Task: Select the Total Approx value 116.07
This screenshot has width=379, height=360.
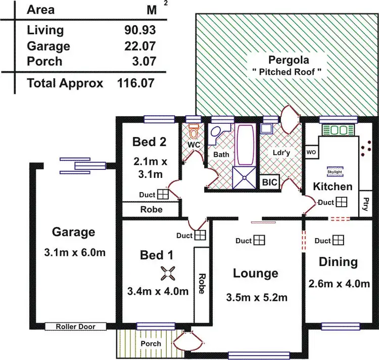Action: [x=135, y=83]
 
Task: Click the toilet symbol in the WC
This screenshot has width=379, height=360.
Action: [x=194, y=132]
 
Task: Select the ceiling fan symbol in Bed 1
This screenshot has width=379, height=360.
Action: [x=167, y=273]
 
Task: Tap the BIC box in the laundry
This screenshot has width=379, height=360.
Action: [x=269, y=182]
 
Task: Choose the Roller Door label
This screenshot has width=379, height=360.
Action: [x=75, y=327]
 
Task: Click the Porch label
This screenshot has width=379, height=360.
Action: [x=151, y=344]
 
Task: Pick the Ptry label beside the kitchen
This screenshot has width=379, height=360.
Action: [x=365, y=204]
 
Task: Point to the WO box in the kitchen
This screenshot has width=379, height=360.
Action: [x=311, y=152]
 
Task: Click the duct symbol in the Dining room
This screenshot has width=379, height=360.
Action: [x=339, y=241]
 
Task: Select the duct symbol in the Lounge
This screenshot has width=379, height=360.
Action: [x=259, y=241]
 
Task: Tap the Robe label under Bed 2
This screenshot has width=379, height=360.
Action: [x=151, y=209]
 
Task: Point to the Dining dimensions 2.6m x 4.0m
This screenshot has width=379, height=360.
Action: [x=339, y=284]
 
